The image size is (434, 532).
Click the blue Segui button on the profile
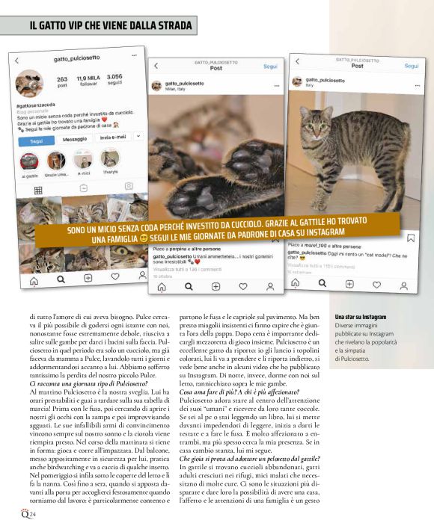point(37,140)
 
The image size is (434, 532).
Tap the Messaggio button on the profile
point(75,139)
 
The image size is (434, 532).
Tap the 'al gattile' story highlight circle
point(31,161)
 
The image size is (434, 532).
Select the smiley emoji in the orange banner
point(144,238)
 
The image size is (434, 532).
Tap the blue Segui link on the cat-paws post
point(270,66)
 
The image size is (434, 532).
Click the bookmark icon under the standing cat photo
point(410,238)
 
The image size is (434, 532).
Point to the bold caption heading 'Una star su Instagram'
point(361,317)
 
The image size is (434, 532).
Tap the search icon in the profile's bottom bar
point(61,280)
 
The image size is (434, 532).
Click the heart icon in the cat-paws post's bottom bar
point(242,285)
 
